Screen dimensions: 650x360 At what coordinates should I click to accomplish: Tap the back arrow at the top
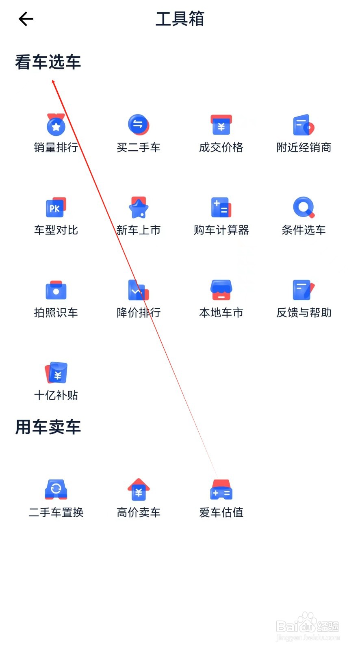tap(26, 19)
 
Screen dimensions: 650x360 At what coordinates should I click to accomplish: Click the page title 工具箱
tap(180, 19)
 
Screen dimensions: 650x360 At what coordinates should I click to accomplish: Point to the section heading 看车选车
tap(48, 62)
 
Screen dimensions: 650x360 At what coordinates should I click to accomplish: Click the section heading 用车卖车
tap(48, 427)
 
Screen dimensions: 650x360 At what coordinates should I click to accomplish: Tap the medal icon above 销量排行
tap(56, 125)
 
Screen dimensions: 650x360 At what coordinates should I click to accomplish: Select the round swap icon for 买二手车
tap(139, 124)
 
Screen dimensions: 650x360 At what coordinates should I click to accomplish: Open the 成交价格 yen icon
tap(221, 125)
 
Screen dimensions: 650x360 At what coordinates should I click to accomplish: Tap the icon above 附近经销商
tap(304, 125)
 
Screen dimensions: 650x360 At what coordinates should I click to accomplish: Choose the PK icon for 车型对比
tap(56, 208)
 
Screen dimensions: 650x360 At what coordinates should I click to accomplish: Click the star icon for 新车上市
tap(139, 208)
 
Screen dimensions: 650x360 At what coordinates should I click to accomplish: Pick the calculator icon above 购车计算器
tap(221, 208)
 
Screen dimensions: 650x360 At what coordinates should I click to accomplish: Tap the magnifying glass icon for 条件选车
tap(304, 208)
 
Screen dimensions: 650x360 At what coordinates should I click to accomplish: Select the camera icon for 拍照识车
tap(56, 290)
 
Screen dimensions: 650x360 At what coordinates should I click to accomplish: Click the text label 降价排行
tap(139, 312)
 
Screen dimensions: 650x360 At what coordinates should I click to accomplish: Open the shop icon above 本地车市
tap(221, 290)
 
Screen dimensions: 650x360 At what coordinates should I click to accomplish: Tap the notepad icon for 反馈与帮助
tap(304, 290)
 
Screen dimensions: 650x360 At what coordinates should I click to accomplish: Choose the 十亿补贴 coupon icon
tap(56, 373)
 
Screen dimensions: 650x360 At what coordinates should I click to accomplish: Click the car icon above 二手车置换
tap(56, 490)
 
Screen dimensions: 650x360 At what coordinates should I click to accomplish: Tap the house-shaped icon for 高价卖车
tap(139, 490)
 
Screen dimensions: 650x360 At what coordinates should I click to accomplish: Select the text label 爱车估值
tap(221, 512)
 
